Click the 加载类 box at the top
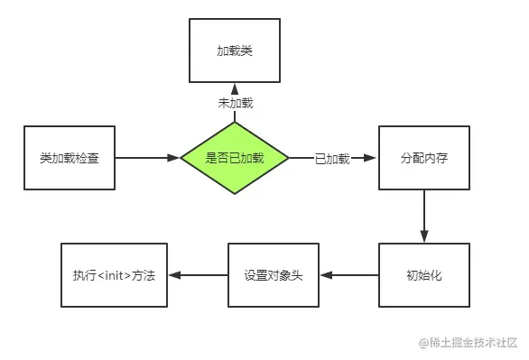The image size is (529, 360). [234, 51]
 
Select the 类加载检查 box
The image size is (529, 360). [70, 158]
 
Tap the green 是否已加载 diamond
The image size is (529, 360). [234, 158]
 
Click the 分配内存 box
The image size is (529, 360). [424, 158]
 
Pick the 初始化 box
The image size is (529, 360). [424, 275]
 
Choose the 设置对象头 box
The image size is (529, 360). [274, 275]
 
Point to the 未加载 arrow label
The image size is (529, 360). [234, 104]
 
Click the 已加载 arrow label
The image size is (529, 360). [330, 158]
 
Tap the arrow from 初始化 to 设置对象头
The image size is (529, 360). [349, 275]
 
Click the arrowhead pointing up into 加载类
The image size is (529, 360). [234, 88]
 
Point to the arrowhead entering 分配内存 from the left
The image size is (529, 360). [370, 158]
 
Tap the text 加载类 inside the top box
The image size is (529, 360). [234, 51]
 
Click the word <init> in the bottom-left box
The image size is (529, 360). [115, 275]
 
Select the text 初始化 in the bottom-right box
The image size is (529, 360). [424, 275]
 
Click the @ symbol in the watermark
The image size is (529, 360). [422, 343]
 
